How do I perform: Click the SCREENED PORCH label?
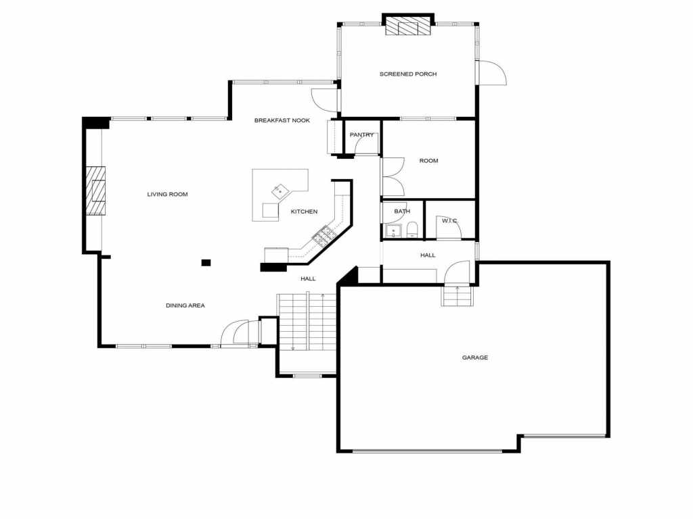tap(408, 74)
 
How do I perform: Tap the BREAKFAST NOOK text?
tap(282, 120)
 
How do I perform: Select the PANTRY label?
tap(361, 134)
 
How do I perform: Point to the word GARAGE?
tap(475, 357)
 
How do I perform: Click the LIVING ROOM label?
tap(168, 194)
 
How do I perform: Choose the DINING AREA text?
tap(185, 305)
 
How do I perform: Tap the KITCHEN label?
tap(304, 212)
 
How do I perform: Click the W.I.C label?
tap(449, 221)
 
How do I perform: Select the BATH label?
tap(402, 212)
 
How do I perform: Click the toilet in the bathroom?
tap(412, 230)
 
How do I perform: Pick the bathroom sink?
tap(393, 231)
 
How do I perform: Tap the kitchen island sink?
tap(280, 191)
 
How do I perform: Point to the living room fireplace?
tap(95, 191)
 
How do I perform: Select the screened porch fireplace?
tap(408, 26)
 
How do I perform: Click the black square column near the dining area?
tap(206, 263)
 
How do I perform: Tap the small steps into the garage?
tap(457, 296)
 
